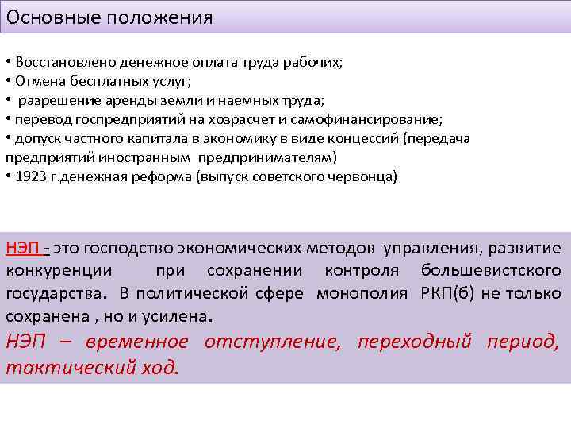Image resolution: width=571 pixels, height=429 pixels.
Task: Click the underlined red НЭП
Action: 23,249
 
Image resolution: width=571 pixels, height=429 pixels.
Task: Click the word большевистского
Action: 491,271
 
